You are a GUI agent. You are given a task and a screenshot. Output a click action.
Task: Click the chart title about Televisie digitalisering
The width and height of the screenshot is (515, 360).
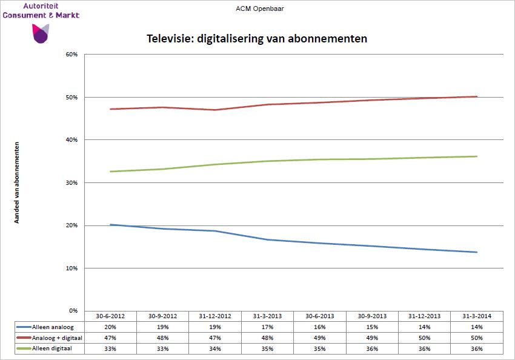(x=257, y=39)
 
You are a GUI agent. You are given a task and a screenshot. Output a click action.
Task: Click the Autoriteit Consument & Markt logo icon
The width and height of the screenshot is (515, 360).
(x=41, y=33)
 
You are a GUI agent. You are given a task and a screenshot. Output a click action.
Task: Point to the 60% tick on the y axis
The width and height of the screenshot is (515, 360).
(x=72, y=55)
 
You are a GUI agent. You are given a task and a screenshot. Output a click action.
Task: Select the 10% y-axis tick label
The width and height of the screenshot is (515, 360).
(x=72, y=268)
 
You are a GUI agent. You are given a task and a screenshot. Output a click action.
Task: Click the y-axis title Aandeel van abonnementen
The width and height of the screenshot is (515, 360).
(x=17, y=182)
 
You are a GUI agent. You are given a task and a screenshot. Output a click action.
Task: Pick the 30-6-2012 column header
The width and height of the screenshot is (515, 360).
(x=110, y=316)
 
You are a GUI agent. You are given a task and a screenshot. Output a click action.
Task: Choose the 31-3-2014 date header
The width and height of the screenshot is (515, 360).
(x=476, y=316)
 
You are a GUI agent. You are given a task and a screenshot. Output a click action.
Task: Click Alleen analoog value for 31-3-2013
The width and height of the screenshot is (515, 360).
(x=267, y=327)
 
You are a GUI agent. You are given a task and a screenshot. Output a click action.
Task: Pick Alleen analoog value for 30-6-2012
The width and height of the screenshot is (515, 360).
(x=110, y=327)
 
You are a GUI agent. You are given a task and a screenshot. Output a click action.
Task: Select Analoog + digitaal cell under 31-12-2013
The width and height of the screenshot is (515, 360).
(x=424, y=338)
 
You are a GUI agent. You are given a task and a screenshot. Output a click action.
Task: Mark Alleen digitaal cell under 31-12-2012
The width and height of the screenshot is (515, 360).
(x=215, y=348)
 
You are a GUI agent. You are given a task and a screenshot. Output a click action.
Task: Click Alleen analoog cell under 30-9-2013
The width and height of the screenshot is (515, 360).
(x=372, y=327)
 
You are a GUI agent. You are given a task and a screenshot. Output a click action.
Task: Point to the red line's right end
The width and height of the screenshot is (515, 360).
(x=477, y=96)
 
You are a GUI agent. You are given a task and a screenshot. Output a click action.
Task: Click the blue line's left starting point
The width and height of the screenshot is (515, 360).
(x=110, y=225)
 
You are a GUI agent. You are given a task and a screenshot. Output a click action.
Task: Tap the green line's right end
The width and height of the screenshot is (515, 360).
(x=477, y=156)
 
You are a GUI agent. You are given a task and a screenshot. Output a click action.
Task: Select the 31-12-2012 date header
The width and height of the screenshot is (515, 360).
(x=215, y=316)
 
